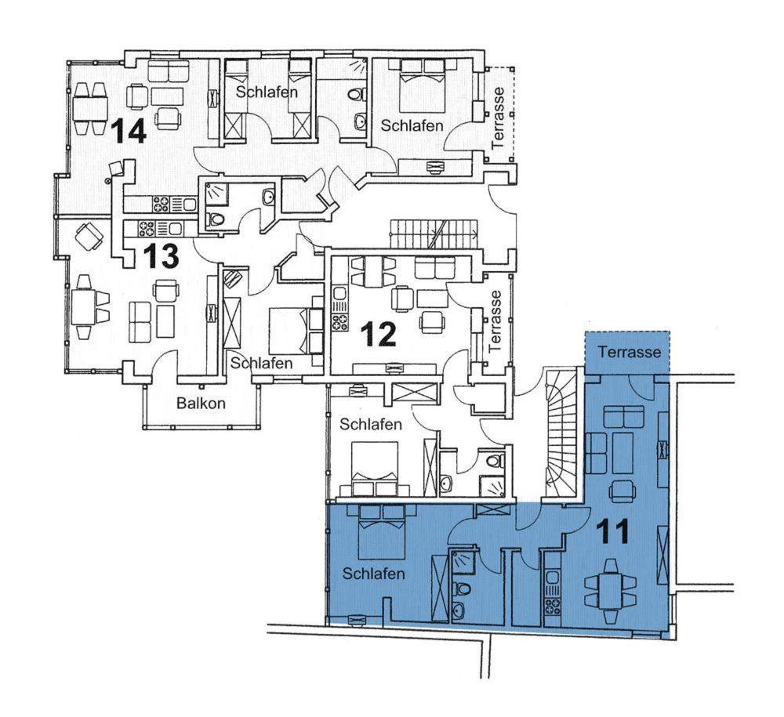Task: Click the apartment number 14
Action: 129,131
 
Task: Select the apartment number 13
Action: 161,255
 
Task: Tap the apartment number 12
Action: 379,334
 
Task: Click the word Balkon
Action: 201,404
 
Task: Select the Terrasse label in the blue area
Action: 630,352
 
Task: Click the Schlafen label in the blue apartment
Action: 373,573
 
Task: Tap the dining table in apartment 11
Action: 611,592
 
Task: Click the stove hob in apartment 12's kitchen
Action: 340,322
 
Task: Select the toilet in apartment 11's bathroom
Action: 462,588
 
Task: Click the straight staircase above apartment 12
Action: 433,233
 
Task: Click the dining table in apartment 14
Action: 90,108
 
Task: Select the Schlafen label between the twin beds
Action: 267,92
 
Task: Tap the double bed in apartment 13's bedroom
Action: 296,331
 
